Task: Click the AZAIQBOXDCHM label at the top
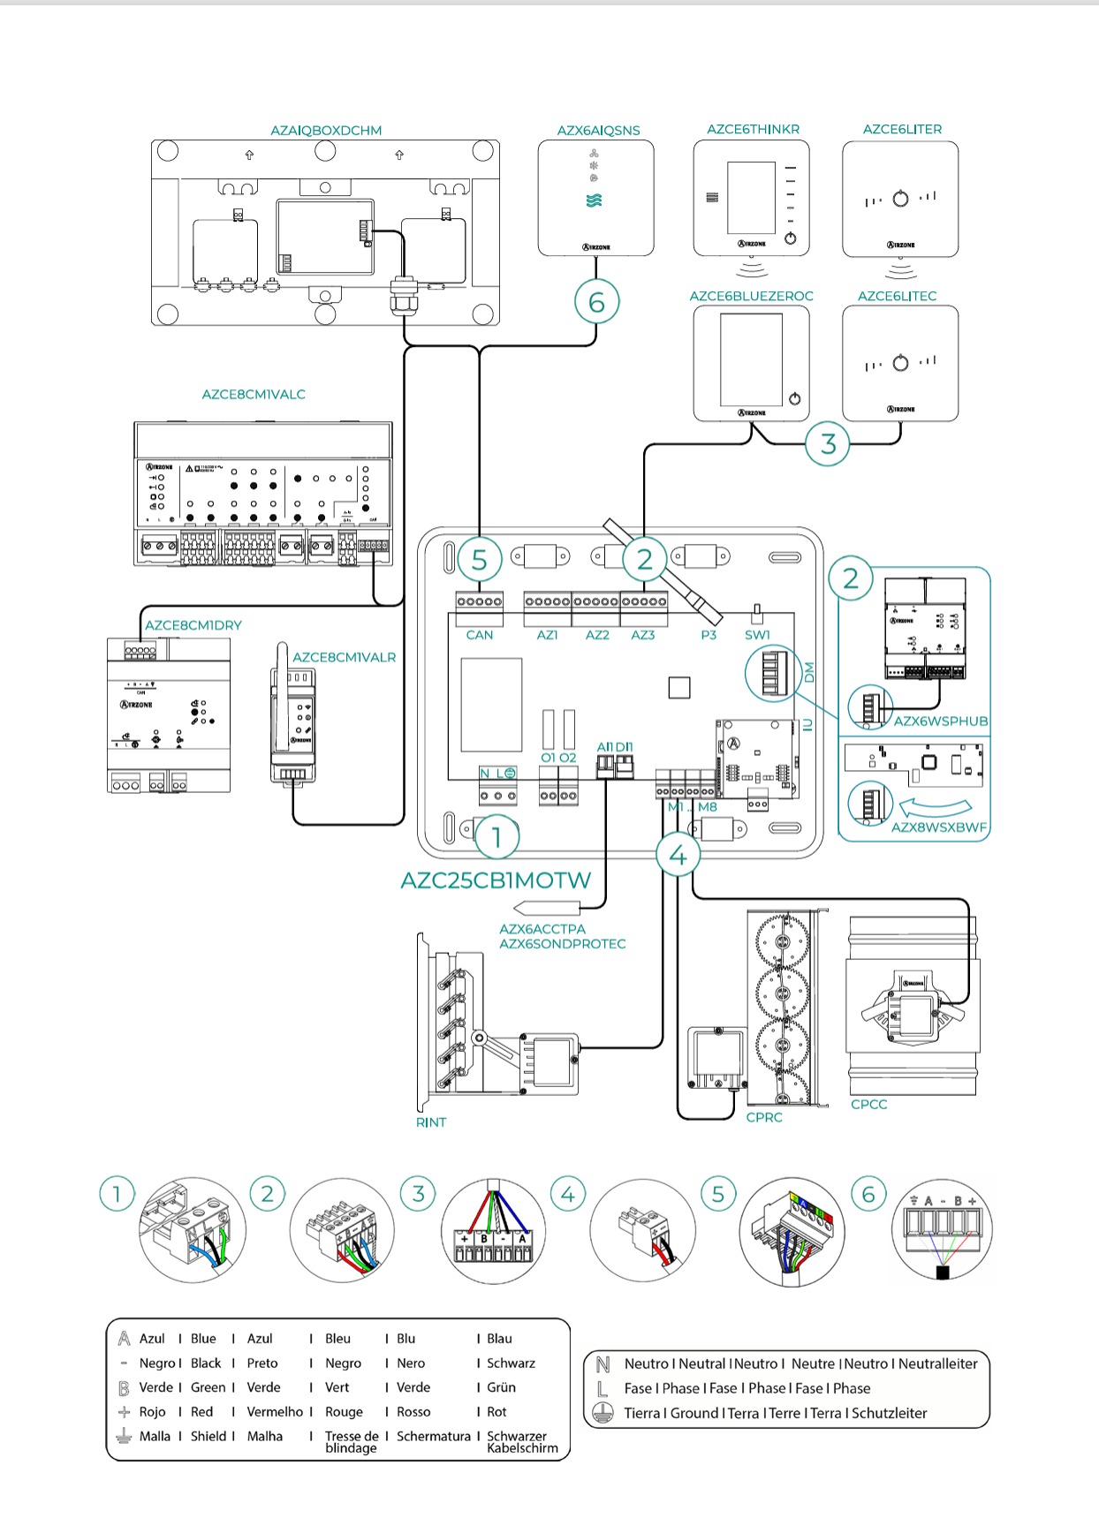326,131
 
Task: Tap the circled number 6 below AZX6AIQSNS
596,302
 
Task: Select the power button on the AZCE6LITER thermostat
900,199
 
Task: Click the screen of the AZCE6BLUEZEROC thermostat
751,359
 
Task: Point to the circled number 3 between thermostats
828,443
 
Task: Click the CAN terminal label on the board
480,635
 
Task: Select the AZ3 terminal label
643,635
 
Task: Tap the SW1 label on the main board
757,635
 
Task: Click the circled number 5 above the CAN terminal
479,560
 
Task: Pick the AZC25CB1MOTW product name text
496,880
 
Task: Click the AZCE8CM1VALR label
344,658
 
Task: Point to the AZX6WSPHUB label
940,721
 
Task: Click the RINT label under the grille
431,1122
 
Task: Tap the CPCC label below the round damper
868,1105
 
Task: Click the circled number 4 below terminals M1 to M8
678,855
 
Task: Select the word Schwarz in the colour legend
511,1363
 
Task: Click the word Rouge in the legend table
344,1412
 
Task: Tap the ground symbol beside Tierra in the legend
603,1413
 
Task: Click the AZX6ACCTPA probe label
542,929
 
